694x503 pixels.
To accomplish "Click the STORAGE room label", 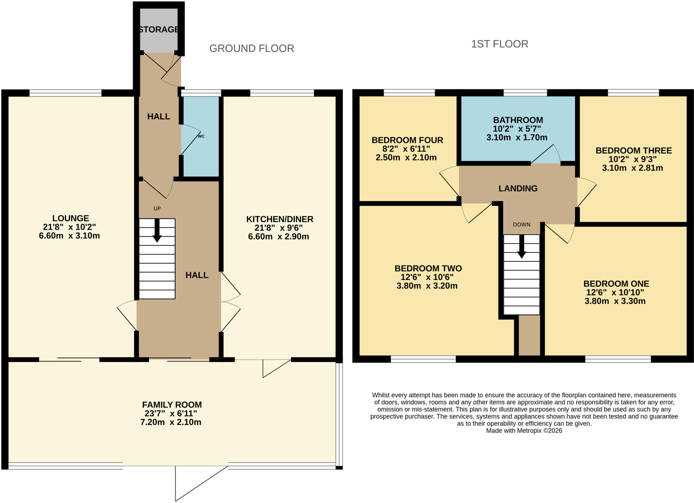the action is click(159, 29).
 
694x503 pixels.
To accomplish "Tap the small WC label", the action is click(201, 136).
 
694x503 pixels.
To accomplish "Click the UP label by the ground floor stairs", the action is click(157, 209).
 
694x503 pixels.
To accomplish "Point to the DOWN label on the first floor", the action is click(522, 225).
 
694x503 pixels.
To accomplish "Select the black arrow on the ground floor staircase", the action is click(157, 231).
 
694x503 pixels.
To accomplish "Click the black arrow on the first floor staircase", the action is click(522, 246).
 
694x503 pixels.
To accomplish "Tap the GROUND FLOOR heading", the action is click(252, 48).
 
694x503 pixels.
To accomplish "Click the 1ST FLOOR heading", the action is click(500, 44).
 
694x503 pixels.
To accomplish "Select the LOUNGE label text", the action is click(70, 218).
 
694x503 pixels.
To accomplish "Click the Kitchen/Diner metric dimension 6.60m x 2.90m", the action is click(279, 237).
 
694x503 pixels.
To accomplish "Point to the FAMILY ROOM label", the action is click(172, 405).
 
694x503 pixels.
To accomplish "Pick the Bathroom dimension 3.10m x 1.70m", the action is click(517, 137).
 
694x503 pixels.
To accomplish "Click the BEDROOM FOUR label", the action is click(407, 140).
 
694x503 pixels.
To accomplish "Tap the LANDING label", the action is click(518, 189).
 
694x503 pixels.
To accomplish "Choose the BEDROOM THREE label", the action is click(634, 151).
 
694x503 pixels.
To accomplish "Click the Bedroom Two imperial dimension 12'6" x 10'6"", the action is click(427, 277).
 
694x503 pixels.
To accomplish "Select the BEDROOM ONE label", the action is click(616, 284).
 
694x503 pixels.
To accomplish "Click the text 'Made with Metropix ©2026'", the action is click(524, 431).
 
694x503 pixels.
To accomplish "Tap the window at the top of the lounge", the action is click(65, 93).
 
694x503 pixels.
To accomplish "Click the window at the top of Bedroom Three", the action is click(633, 93).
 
